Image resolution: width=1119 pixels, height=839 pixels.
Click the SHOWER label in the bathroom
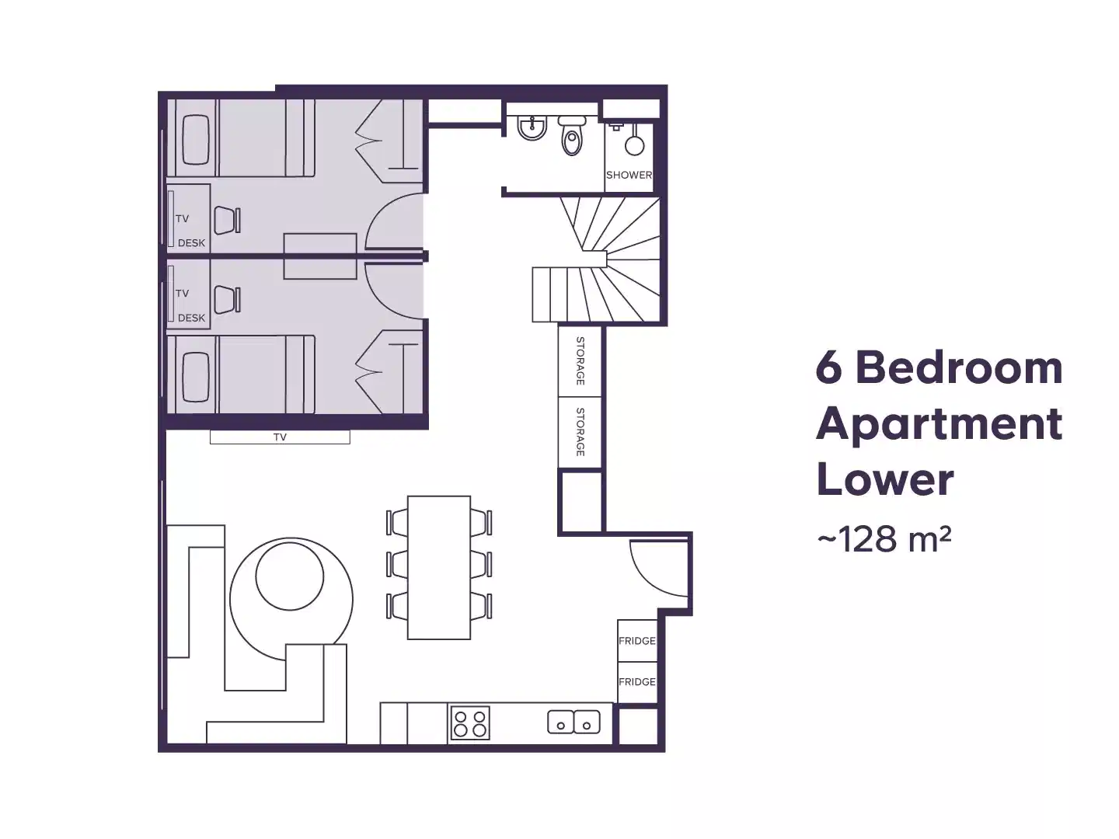pos(629,175)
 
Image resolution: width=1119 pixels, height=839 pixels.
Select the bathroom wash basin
pos(532,129)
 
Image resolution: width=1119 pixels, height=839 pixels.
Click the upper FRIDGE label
pos(637,641)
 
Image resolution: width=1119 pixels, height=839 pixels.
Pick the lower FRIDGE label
pos(637,681)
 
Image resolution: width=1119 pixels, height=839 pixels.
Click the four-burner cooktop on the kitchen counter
pos(470,723)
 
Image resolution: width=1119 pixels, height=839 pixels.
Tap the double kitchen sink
pos(574,722)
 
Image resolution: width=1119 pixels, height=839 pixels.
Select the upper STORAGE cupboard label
pos(580,360)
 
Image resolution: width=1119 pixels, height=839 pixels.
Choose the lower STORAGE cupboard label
pos(580,432)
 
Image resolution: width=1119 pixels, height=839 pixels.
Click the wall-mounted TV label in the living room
pos(280,437)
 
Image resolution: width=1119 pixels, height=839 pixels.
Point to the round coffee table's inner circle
pos(289,576)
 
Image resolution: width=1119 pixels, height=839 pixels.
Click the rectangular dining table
pos(439,567)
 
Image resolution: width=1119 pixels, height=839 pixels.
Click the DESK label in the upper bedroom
pos(191,243)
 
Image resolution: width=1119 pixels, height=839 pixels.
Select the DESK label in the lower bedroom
pos(191,318)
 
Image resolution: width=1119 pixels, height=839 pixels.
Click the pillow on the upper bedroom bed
pos(196,140)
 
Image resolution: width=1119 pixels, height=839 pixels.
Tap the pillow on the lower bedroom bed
pos(196,377)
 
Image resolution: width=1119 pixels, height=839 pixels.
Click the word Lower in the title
pos(884,479)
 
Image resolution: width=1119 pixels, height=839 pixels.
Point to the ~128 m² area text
pos(884,538)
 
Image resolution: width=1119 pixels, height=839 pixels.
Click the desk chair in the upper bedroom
pos(227,220)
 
